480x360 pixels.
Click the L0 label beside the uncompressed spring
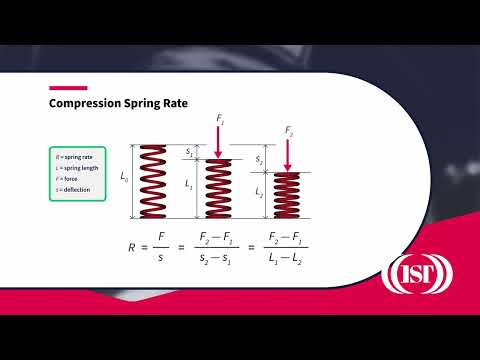tap(124, 178)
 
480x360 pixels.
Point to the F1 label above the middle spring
tap(220, 120)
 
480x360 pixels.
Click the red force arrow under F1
tap(219, 142)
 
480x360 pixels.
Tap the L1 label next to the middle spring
tap(190, 186)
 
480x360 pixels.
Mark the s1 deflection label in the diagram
tap(191, 152)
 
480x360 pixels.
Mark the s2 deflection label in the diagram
tap(259, 158)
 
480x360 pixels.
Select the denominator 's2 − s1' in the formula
tap(218, 256)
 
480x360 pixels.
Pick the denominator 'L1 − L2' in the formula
tap(288, 256)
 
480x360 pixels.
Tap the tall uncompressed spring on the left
tap(153, 182)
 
